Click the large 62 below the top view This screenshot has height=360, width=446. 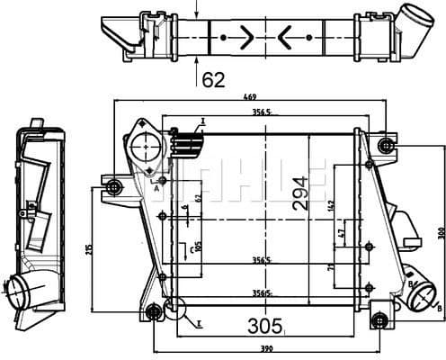[x=212, y=80]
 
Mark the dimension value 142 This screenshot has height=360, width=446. [x=331, y=205]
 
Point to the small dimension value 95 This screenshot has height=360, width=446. [x=198, y=246]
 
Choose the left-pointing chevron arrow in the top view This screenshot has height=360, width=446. [x=286, y=37]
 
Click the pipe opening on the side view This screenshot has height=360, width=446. [x=19, y=289]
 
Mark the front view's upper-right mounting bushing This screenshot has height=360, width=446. [x=387, y=145]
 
